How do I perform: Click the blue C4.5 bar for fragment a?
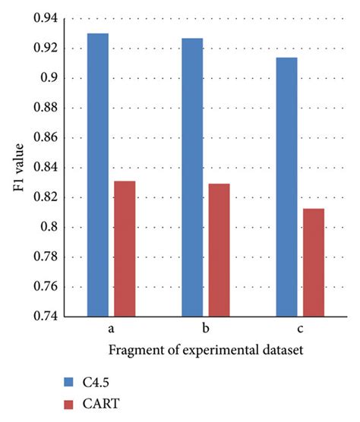click(98, 175)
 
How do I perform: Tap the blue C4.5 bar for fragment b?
click(192, 176)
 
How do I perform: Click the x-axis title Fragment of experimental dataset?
click(206, 351)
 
